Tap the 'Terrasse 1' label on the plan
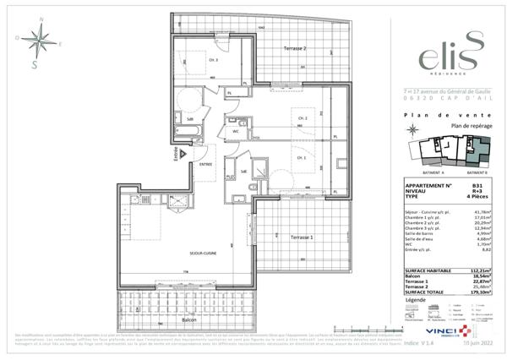pos(300,237)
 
